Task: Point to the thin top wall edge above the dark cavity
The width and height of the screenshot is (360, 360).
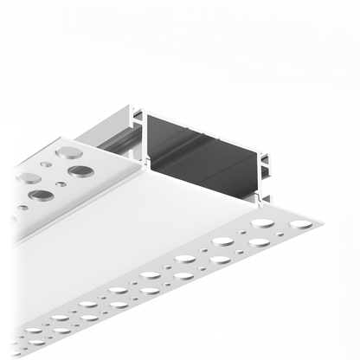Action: [x=203, y=113]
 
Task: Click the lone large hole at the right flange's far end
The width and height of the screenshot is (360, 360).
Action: [x=299, y=224]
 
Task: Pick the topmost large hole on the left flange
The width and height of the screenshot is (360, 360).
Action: [x=64, y=152]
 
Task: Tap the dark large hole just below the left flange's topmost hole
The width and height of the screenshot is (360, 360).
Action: [x=80, y=170]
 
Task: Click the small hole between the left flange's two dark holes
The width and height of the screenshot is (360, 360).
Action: [x=60, y=183]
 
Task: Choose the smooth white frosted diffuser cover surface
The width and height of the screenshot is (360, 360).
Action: [x=130, y=234]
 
